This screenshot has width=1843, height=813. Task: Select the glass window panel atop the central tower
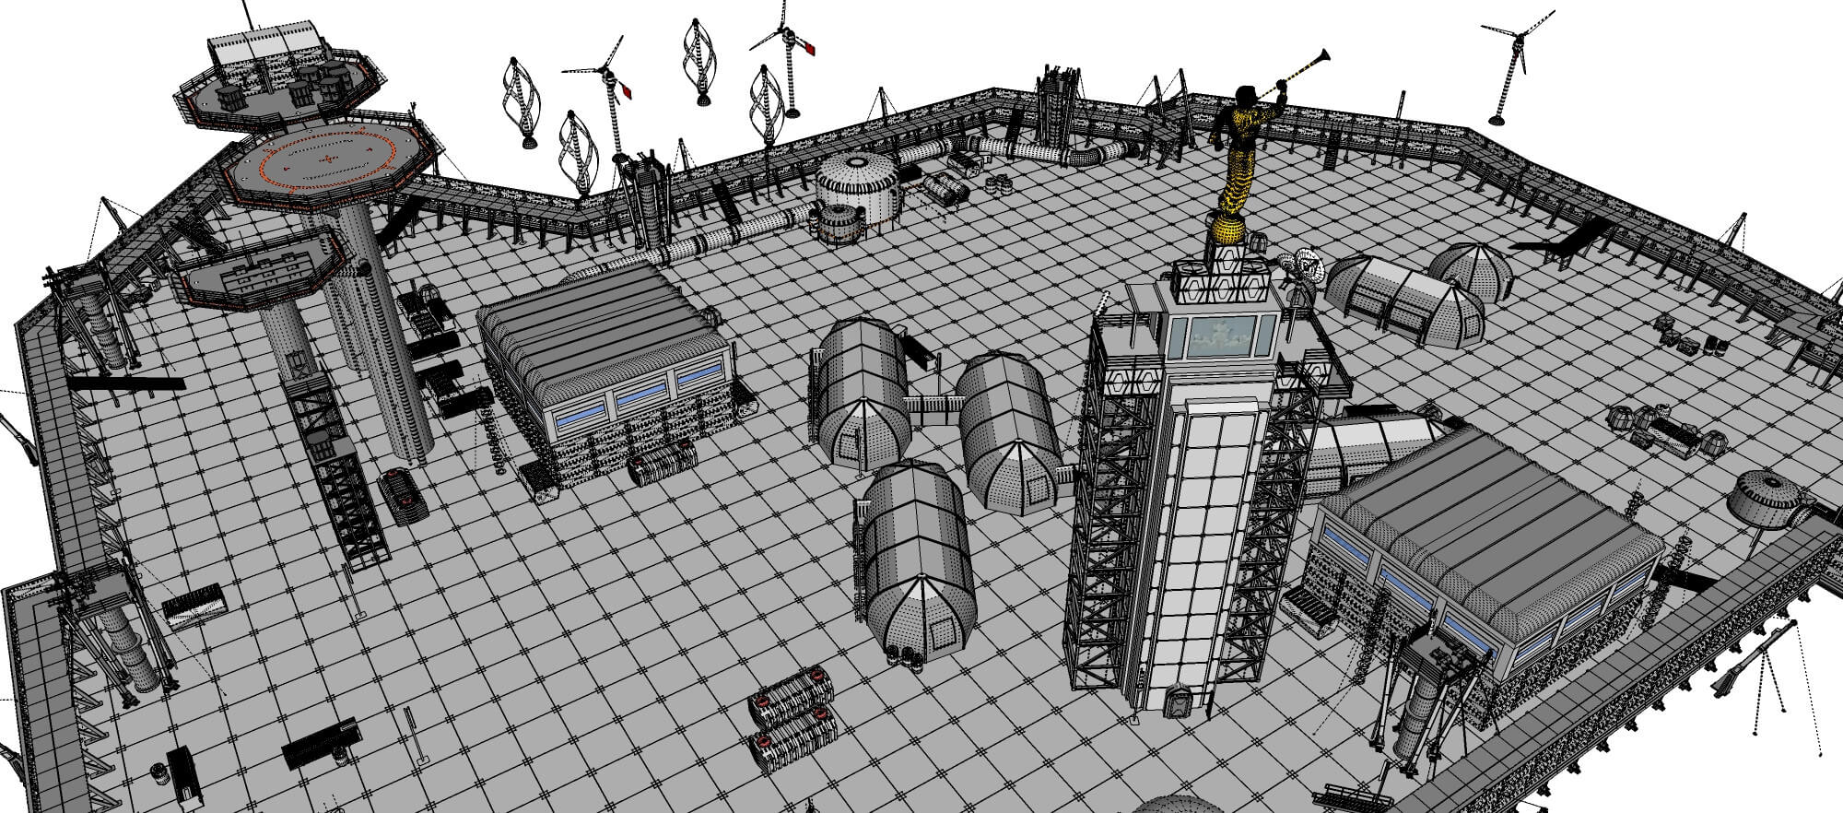pos(1222,336)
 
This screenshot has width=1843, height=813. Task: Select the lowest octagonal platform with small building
pos(263,267)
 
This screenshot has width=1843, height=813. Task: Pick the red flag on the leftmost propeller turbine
pos(628,91)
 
